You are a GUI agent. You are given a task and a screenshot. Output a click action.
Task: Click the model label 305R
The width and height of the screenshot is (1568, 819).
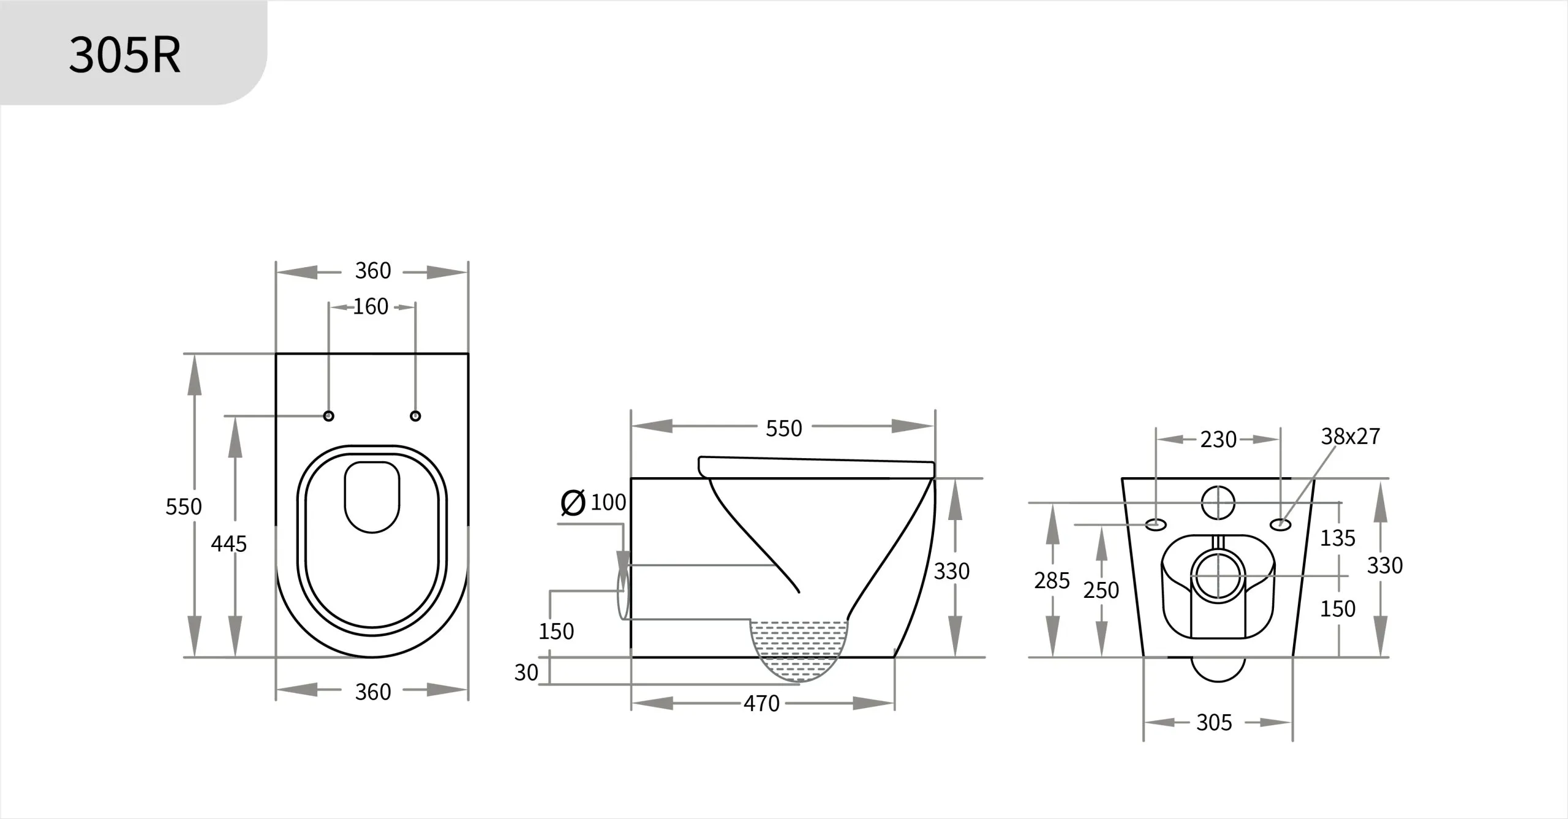[124, 55]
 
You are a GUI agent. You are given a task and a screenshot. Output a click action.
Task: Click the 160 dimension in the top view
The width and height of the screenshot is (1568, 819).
[371, 306]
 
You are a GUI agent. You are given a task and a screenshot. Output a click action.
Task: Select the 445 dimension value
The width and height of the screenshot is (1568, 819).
[228, 543]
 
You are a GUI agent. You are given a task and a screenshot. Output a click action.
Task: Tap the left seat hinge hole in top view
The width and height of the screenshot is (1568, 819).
[329, 416]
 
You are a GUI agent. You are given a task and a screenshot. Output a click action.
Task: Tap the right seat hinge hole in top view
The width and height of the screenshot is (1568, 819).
[415, 416]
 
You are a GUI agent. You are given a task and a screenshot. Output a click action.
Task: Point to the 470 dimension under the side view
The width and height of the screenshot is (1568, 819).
[761, 704]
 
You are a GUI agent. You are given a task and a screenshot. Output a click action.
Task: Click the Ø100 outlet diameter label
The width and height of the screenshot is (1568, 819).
[594, 502]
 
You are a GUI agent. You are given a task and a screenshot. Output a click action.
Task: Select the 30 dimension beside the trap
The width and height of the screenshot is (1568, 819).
[526, 673]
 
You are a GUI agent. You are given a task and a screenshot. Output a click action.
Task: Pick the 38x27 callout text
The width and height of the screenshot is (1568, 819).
[1351, 436]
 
